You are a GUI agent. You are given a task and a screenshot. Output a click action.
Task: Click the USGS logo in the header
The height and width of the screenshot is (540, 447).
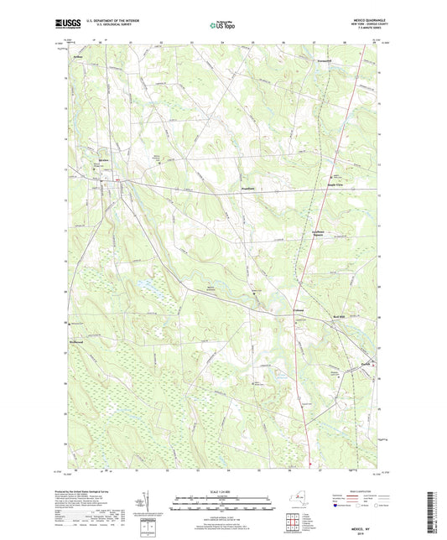coord(65,25)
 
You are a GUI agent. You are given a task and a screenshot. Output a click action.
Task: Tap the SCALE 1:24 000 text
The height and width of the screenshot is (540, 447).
coord(222,493)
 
